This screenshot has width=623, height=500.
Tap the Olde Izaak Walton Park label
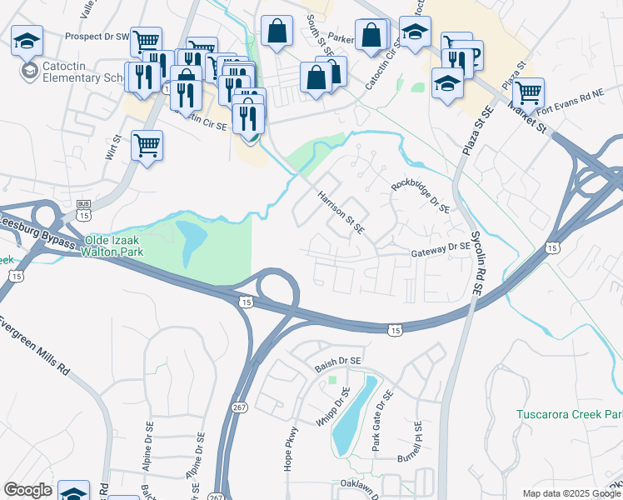112,244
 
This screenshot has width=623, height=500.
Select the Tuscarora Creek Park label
569,414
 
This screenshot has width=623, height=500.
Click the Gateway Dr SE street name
441,247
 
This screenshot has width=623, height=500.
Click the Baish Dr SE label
337,363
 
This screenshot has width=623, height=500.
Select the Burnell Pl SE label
416,442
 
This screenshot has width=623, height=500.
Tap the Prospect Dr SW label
98,37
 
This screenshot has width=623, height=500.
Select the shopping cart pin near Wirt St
147,146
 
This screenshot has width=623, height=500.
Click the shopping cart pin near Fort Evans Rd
529,91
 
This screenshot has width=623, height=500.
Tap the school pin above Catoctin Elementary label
27,38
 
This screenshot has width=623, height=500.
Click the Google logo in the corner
27,490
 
